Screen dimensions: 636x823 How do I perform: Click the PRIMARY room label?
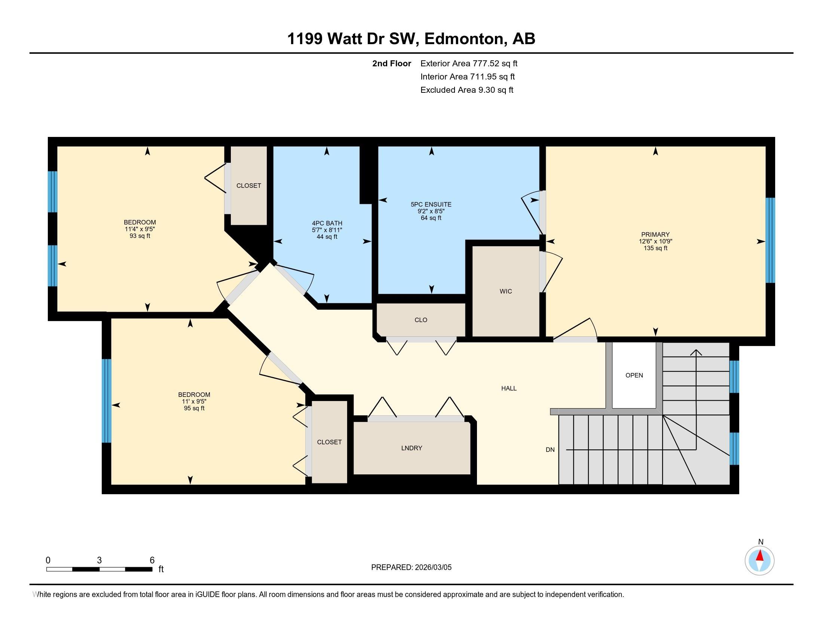pos(655,234)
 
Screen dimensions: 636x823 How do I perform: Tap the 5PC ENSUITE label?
pos(431,205)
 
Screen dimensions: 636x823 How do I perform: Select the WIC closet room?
pos(506,291)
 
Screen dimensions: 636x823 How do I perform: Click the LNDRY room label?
pos(411,448)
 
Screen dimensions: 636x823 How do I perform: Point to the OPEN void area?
pos(634,375)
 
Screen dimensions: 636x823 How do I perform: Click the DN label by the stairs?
pos(550,449)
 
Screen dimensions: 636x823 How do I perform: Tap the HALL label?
pos(509,388)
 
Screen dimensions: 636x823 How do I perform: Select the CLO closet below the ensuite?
pos(420,320)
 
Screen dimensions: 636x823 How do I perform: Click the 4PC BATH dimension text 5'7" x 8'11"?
pos(327,230)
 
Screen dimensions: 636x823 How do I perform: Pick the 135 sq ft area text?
pos(655,248)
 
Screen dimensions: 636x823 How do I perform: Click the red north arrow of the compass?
pos(760,556)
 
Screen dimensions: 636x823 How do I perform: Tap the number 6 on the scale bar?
pos(152,560)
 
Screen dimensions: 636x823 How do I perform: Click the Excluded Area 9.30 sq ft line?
pos(466,90)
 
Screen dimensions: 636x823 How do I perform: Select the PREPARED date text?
pos(411,567)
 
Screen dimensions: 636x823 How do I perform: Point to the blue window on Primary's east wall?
pos(770,240)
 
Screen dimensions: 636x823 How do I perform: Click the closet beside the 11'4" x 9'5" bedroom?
pos(249,186)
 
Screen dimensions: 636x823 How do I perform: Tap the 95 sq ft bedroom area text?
pos(194,408)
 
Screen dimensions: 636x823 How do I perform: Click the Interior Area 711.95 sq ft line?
pos(467,76)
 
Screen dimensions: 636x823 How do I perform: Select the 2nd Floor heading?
pos(392,63)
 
